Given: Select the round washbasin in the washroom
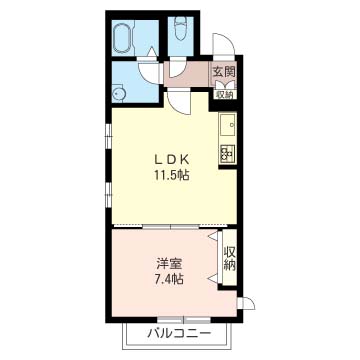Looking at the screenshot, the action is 118,94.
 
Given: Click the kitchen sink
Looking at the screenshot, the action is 228,125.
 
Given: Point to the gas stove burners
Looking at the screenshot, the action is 228,154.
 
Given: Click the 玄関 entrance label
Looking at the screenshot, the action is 225,72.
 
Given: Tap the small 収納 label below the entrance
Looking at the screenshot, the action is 225,94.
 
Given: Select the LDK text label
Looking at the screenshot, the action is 172,160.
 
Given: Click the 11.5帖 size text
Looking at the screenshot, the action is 172,174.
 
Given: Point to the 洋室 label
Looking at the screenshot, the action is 169,264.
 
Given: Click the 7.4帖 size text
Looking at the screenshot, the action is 169,279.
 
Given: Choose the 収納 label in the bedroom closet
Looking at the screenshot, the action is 230,258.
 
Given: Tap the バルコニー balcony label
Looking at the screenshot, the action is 179,333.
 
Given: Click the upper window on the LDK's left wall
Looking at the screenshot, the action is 108,135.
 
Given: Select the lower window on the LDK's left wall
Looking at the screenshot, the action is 108,194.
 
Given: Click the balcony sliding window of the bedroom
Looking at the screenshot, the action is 184,320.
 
